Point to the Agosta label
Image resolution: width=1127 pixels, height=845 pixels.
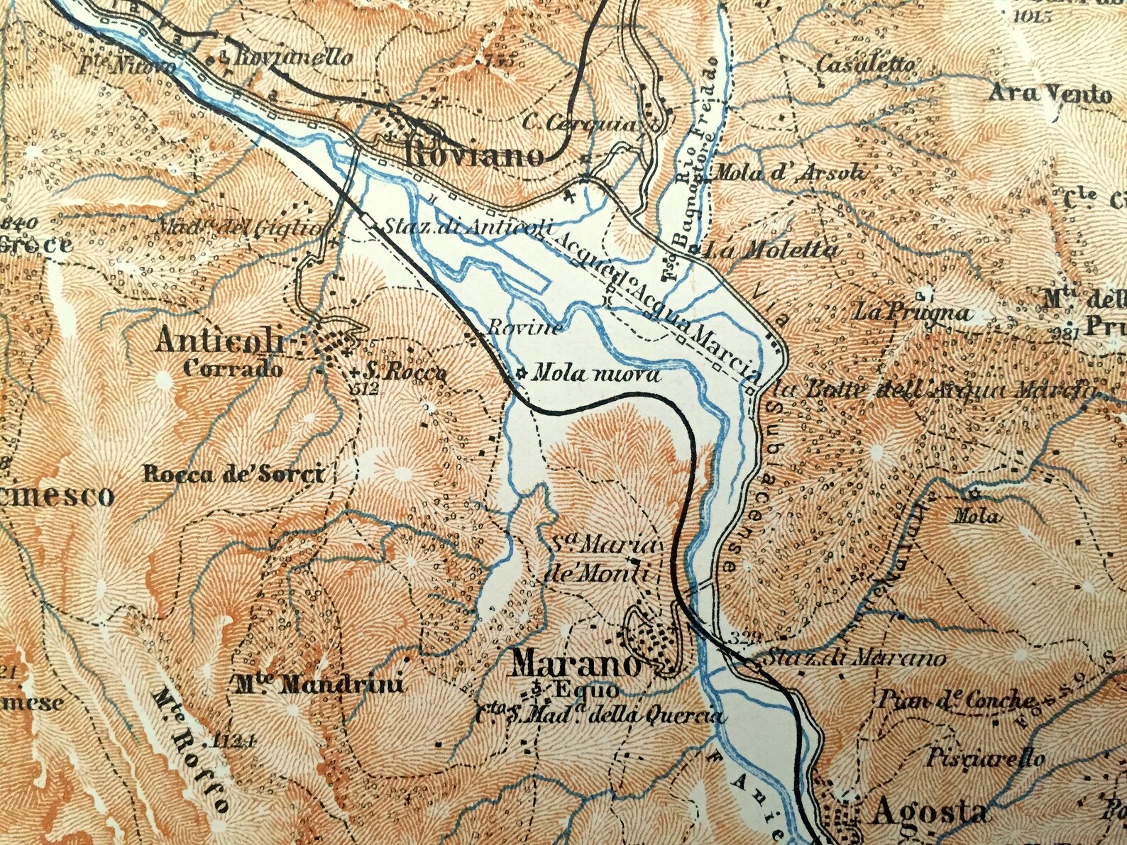(928, 812)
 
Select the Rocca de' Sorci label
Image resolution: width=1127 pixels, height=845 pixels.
(233, 474)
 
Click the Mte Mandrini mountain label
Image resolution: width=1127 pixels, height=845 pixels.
(320, 685)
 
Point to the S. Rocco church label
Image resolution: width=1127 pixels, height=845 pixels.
(404, 372)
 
